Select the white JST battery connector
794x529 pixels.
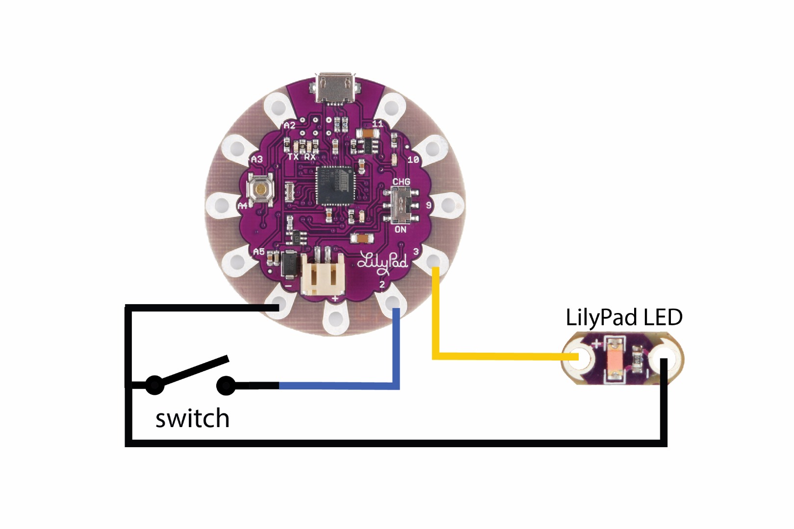click(322, 277)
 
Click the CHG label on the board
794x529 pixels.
click(401, 182)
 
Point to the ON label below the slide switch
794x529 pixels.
click(400, 229)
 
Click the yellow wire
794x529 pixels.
click(490, 356)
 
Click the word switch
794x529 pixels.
click(192, 419)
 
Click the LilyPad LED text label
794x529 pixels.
click(624, 317)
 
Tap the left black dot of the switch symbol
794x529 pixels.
click(154, 385)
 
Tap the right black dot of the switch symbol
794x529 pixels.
click(226, 385)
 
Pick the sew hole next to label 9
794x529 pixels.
click(448, 205)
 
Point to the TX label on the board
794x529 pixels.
click(293, 157)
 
